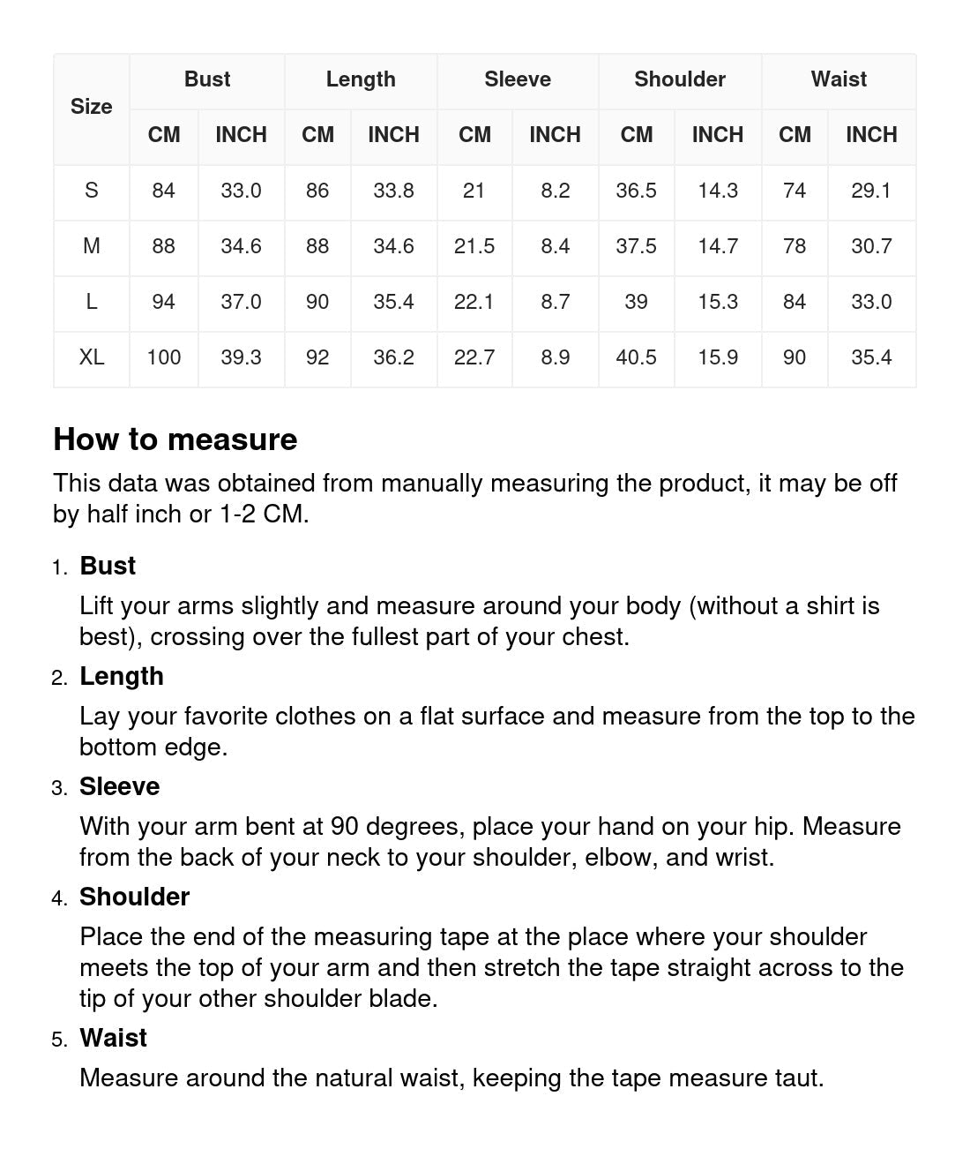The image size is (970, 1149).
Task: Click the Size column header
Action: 91,107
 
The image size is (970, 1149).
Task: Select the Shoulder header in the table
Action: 680,79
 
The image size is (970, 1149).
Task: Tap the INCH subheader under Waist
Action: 871,135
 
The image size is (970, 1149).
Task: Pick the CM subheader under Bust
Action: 164,135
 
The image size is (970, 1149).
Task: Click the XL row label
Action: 92,357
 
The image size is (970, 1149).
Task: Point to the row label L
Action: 92,302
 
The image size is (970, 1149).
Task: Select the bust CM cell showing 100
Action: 164,357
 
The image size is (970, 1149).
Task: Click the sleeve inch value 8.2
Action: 556,191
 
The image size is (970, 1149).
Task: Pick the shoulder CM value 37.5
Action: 636,246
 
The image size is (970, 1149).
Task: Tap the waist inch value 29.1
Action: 871,191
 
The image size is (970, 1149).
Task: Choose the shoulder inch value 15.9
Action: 718,357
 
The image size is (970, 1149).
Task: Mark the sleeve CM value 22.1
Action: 474,302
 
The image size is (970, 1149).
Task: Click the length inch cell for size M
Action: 393,246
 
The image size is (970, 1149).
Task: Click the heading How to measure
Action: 175,439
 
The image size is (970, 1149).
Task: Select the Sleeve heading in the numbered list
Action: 120,786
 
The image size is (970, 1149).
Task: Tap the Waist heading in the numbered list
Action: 113,1038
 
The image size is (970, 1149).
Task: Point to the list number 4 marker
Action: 59,898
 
